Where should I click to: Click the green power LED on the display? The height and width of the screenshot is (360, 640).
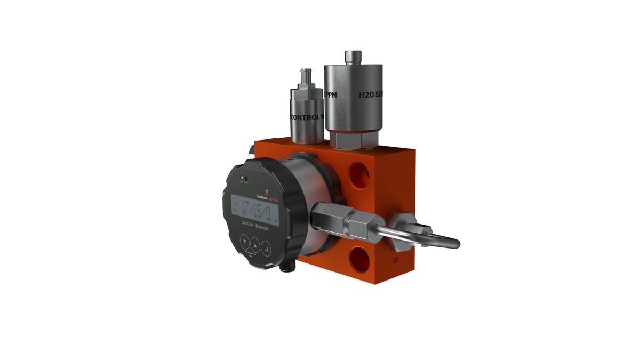[x=242, y=177]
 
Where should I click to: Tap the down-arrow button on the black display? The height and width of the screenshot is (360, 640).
[x=244, y=243]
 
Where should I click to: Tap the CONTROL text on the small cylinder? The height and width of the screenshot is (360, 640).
[x=305, y=116]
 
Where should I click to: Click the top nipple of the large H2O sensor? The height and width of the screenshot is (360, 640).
[x=352, y=57]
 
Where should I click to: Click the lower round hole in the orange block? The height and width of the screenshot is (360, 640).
[x=358, y=261]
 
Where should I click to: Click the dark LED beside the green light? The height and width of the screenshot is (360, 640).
[x=246, y=178]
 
